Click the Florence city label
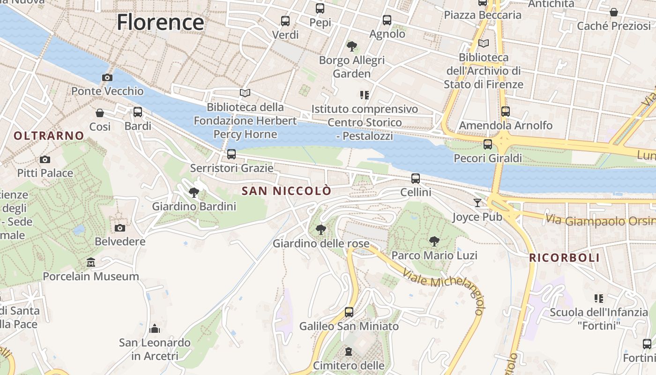[160, 22]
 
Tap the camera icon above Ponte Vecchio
[107, 77]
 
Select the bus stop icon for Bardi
[138, 112]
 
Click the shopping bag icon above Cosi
[100, 112]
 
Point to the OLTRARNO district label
[49, 136]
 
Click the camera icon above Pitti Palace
[45, 159]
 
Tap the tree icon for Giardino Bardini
[194, 192]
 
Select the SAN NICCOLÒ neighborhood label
[286, 191]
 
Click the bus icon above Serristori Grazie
[231, 154]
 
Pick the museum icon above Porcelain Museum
[91, 262]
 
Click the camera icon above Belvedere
[120, 228]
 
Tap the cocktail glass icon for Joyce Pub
[477, 202]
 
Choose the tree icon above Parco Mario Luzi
[434, 241]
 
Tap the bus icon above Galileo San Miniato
[349, 312]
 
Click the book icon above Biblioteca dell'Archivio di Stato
[483, 44]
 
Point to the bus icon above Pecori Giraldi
[488, 144]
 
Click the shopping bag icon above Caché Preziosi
[613, 12]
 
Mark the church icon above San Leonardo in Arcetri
[155, 329]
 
